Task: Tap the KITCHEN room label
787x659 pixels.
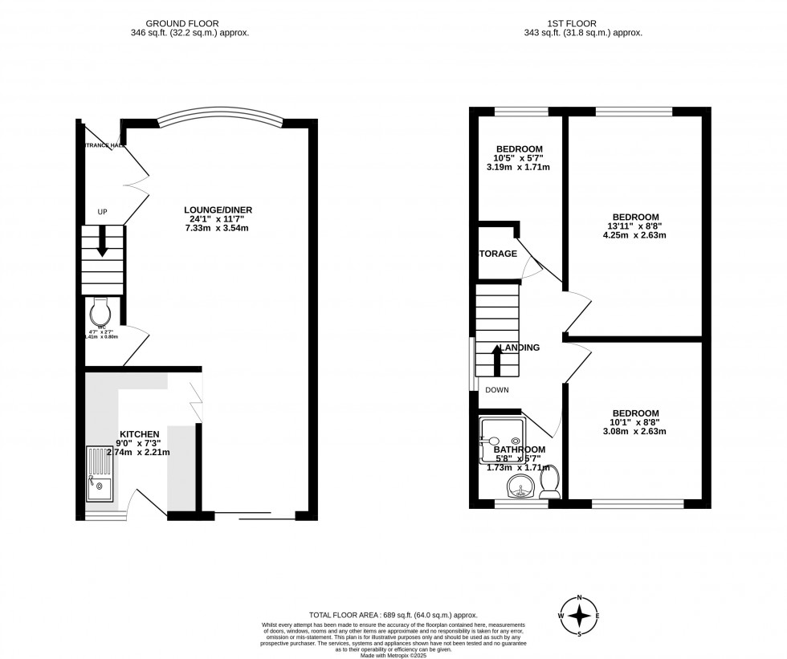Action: point(140,433)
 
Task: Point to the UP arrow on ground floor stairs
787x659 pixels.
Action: point(102,241)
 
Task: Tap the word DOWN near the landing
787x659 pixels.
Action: point(496,389)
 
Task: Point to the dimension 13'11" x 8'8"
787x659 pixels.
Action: point(635,226)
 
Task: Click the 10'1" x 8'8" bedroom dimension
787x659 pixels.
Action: point(635,421)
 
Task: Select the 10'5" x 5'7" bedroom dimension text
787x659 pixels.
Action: point(519,159)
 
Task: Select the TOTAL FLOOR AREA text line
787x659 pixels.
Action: point(393,613)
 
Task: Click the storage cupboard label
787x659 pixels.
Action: point(498,254)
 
